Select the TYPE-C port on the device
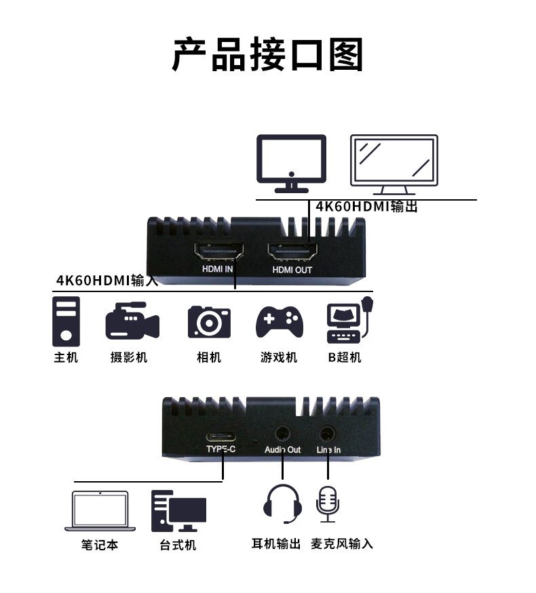(221, 434)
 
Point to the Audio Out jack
(282, 432)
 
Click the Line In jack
(328, 432)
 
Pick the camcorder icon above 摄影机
(132, 321)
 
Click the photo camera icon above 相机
(209, 322)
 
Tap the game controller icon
(280, 321)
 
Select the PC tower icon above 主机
(66, 322)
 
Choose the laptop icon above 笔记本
(100, 512)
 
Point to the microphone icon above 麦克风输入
(328, 503)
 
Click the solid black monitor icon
(291, 163)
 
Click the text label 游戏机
(279, 357)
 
